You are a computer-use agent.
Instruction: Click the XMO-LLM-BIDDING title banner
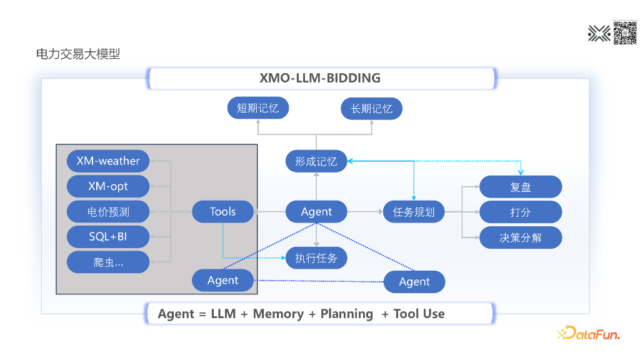320,78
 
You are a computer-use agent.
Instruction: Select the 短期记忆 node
257,108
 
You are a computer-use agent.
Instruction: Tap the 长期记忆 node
371,108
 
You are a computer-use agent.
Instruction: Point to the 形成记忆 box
316,161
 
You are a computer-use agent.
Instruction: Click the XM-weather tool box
108,161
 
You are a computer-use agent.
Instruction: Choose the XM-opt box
108,186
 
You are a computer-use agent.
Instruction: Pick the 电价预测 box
108,212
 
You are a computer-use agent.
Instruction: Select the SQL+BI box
108,237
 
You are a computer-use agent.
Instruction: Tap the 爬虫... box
108,262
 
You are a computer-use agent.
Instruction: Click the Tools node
222,212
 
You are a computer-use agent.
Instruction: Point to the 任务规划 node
414,212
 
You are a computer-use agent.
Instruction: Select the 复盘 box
520,187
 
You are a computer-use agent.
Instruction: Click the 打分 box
520,212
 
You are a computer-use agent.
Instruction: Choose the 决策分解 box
520,237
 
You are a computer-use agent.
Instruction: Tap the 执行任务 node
316,257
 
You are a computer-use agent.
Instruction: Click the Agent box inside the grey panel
222,281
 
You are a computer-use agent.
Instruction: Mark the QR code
624,32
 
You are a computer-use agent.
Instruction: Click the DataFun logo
588,334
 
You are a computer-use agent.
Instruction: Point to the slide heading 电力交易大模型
78,54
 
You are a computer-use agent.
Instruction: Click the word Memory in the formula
278,314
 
